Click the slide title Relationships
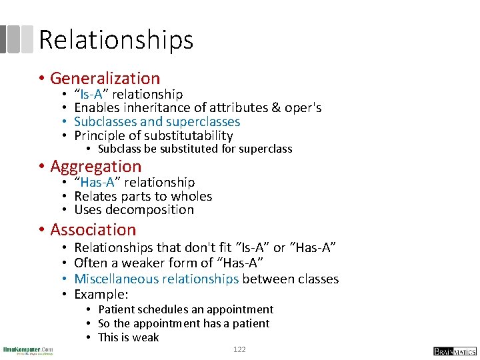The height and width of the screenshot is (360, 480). [116, 40]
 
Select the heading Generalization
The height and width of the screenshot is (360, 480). [105, 79]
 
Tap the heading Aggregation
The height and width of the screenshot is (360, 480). [96, 167]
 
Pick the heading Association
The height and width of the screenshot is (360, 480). [93, 230]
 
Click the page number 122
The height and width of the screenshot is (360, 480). [239, 349]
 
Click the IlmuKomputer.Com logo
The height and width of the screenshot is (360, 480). [28, 350]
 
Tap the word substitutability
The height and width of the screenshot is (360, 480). [189, 136]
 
